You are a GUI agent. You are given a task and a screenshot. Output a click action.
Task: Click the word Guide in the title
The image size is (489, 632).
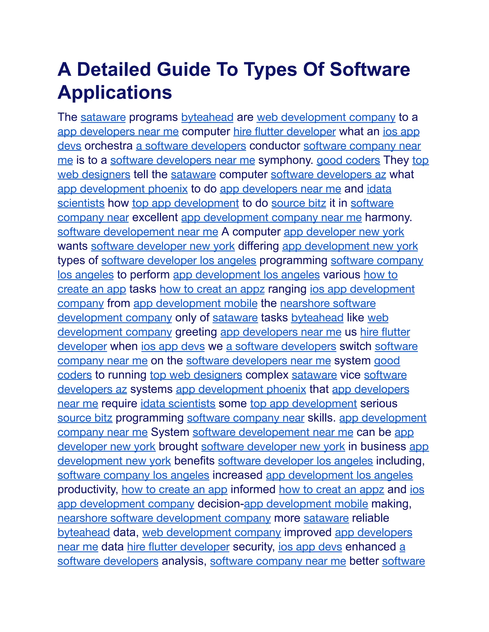[183, 70]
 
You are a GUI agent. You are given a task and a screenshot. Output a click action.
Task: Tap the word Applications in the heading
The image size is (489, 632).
[115, 93]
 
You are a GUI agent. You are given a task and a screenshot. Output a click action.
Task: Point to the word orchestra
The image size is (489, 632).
[108, 146]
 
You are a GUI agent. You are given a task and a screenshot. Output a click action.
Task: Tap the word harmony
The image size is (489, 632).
[388, 218]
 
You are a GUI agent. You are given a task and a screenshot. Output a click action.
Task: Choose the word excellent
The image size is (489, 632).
[155, 218]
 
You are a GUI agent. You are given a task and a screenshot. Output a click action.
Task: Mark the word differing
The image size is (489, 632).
[258, 246]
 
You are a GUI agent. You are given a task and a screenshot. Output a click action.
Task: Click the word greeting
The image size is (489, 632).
[196, 332]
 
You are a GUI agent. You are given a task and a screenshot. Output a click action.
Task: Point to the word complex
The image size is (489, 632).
[266, 375]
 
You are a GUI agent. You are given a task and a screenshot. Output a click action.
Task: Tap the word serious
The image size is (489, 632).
[379, 404]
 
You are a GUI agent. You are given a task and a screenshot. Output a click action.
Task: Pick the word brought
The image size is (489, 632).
[178, 446]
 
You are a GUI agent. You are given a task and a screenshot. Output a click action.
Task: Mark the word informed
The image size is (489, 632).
[253, 490]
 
